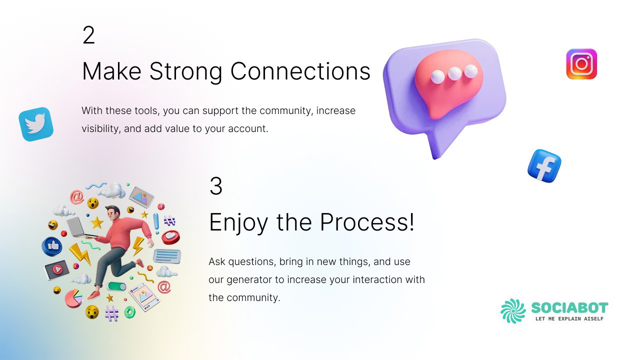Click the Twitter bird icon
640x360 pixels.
tap(36, 124)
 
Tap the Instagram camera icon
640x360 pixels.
tap(581, 64)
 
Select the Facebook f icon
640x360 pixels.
tap(544, 166)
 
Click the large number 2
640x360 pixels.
tap(88, 35)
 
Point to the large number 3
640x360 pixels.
tap(216, 186)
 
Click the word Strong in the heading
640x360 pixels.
tap(185, 71)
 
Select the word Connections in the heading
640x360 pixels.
tap(300, 71)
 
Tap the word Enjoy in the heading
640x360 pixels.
tap(238, 223)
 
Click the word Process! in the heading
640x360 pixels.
tap(367, 222)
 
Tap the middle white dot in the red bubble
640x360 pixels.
tap(454, 73)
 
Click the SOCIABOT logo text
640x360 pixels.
tap(569, 307)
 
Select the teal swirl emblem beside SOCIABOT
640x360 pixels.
tap(513, 311)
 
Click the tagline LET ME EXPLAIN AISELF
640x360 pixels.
tap(569, 319)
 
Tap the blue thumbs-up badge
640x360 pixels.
tap(52, 246)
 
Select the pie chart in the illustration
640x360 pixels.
tap(73, 298)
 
